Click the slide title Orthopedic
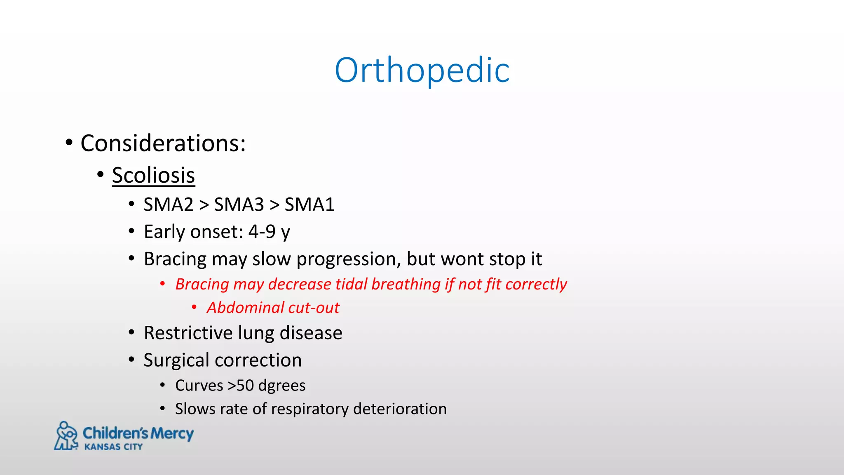point(422,71)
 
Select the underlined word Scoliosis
point(153,175)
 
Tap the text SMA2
point(168,205)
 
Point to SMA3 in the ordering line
point(239,205)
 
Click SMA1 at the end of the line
point(309,205)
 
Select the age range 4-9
point(262,232)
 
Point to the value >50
point(241,386)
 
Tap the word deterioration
point(400,409)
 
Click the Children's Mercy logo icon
point(66,436)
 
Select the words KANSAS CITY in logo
point(113,447)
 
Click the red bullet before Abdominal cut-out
point(194,307)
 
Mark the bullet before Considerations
point(69,143)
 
